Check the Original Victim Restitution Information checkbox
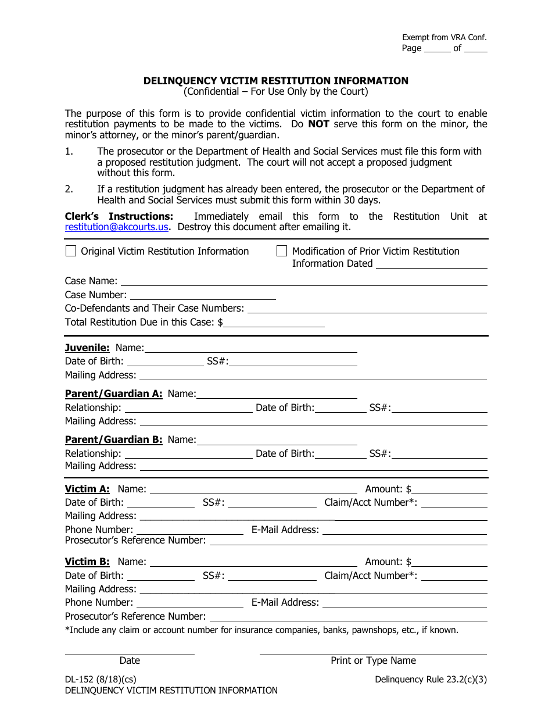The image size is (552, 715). (x=70, y=251)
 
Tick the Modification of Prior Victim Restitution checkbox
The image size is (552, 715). (x=282, y=251)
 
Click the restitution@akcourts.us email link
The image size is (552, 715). (x=117, y=227)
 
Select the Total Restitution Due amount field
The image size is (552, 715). (x=274, y=322)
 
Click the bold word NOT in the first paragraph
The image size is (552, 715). (x=318, y=124)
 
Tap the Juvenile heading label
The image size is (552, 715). (x=87, y=348)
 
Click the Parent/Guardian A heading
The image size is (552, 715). (x=114, y=394)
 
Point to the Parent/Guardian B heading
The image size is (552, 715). (x=114, y=439)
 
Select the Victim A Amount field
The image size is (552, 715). (x=449, y=489)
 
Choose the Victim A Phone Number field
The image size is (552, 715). (x=189, y=530)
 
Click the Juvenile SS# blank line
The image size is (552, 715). (x=293, y=362)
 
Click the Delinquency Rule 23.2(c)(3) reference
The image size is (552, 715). (x=431, y=679)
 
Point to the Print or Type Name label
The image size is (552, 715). (x=373, y=660)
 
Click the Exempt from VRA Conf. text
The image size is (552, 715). (x=445, y=37)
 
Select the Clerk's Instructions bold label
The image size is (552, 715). (x=119, y=216)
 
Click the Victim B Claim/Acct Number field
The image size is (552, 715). (x=454, y=575)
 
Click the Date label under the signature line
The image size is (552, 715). (x=130, y=660)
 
